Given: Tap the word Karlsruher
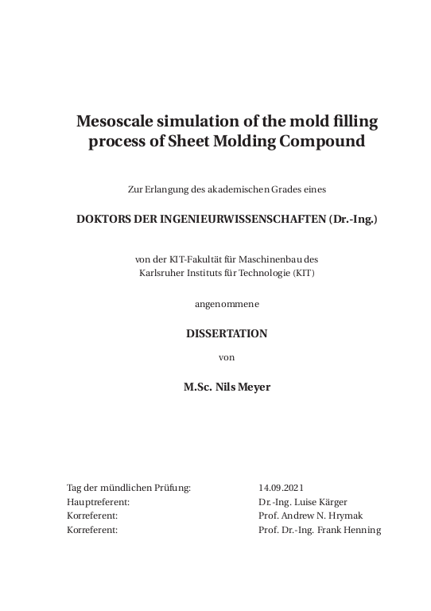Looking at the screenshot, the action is (162, 273).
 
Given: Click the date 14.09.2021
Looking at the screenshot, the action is (282, 487).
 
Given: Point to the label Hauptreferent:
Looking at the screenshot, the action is (99, 501).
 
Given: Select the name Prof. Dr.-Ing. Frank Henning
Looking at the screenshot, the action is (320, 530).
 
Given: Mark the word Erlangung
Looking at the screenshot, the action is (165, 189).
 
